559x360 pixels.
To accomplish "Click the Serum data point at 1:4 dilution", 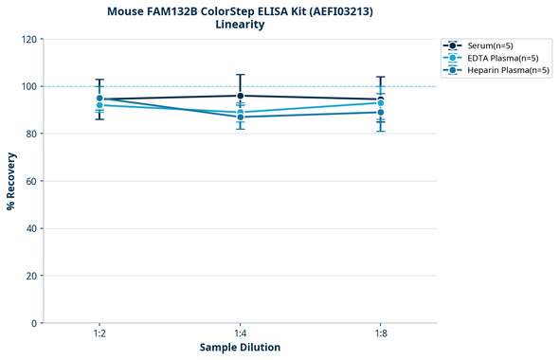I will click(241, 96).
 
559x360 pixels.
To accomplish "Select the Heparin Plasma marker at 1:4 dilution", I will click(241, 117).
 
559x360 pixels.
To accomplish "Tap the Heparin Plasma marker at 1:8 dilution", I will click(381, 112).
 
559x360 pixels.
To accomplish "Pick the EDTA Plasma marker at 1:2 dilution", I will click(99, 105).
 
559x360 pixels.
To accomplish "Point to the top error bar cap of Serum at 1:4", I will click(241, 75).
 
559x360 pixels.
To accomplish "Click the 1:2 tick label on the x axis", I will click(99, 333).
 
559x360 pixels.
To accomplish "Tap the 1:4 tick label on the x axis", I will click(241, 333).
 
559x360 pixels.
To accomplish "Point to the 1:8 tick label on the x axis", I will click(381, 333).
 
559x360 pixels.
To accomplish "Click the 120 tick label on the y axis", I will click(28, 39).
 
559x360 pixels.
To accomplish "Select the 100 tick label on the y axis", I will click(28, 86).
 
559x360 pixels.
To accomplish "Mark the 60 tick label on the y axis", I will click(31, 181).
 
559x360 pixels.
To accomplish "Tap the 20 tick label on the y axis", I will click(31, 276).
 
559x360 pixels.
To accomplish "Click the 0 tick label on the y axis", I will click(34, 323).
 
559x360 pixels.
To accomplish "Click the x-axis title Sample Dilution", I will click(240, 348).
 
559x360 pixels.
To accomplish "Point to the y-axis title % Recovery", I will click(11, 181).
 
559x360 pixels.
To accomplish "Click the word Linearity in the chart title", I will click(240, 25).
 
